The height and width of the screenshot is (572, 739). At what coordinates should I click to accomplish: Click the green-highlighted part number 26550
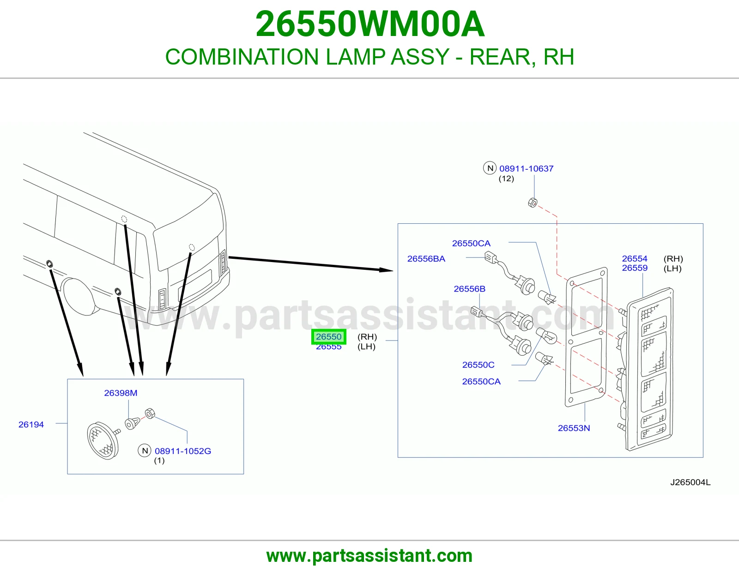pos(328,337)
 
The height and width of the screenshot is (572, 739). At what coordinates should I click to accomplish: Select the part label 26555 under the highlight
pos(328,347)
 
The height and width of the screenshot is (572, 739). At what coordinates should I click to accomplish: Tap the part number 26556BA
pos(426,259)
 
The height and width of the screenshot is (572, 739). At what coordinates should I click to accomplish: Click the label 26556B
pos(469,289)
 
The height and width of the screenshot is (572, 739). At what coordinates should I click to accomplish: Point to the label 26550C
pos(478,365)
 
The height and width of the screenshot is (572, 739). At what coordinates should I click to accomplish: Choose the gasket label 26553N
pos(574,428)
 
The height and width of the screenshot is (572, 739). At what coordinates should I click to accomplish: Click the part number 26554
pos(635,259)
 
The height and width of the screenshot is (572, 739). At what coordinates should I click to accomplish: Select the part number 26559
pos(635,268)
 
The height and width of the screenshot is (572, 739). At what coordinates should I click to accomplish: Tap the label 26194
pos(31,424)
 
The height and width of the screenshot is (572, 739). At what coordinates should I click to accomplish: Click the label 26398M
pos(121,393)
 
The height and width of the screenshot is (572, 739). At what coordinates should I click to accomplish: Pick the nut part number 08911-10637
pos(526,168)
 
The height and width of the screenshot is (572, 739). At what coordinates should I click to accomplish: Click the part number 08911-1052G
pos(183,451)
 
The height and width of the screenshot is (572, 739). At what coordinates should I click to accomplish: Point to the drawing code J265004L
pos(691,483)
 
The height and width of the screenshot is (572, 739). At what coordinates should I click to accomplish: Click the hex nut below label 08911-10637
pos(533,203)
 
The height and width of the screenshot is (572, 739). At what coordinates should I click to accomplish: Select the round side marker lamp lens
pos(103,441)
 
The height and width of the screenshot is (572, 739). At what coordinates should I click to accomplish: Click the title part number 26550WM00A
pos(370,24)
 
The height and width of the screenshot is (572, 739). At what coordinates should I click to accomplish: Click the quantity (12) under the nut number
pos(506,179)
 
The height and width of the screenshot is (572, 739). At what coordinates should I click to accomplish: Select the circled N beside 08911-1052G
pos(145,451)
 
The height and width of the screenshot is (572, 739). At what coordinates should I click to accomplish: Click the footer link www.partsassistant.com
pos(369,556)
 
